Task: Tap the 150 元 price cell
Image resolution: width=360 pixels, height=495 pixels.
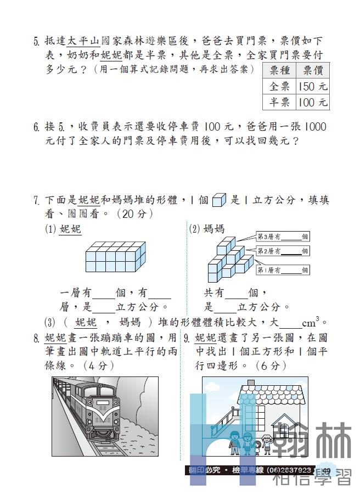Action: pyautogui.click(x=313, y=87)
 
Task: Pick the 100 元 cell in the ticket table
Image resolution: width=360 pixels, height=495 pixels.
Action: pyautogui.click(x=313, y=103)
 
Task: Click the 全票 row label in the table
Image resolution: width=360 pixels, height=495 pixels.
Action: pyautogui.click(x=279, y=87)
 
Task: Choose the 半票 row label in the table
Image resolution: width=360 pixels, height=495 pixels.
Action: pyautogui.click(x=279, y=103)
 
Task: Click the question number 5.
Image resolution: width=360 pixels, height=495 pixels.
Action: pyautogui.click(x=36, y=41)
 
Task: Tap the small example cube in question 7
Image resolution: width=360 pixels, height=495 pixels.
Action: pyautogui.click(x=219, y=200)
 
